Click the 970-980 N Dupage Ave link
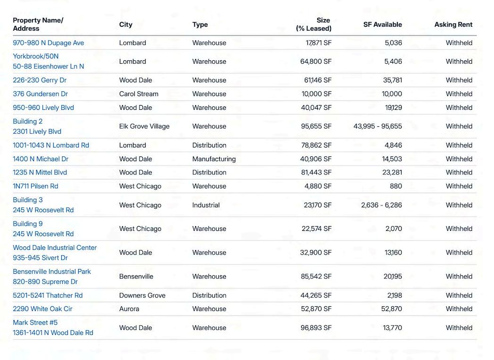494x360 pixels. point(48,43)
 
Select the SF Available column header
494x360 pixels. point(382,25)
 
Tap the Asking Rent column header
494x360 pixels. point(453,25)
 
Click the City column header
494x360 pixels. point(125,25)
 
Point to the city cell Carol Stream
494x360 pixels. point(139,94)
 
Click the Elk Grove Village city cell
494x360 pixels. point(144,126)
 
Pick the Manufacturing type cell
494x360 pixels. point(214,159)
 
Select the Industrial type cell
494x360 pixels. point(206,205)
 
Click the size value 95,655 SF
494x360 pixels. point(316,126)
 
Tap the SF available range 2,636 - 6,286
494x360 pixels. point(381,205)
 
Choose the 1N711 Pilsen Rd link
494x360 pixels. point(35,186)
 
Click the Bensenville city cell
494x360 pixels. point(136,277)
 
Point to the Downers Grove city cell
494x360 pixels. point(142,295)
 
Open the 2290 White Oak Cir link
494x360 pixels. point(42,309)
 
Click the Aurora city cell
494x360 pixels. point(129,309)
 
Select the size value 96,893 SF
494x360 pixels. point(316,328)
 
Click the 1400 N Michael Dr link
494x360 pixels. point(41,159)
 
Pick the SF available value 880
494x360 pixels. point(396,186)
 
